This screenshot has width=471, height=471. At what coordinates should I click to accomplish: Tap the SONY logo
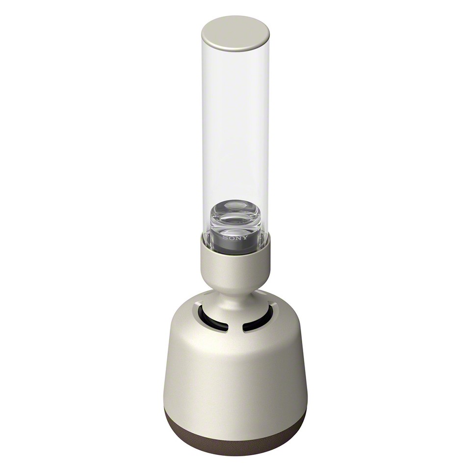click(x=235, y=237)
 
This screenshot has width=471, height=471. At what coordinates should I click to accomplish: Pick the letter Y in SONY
click(x=246, y=238)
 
